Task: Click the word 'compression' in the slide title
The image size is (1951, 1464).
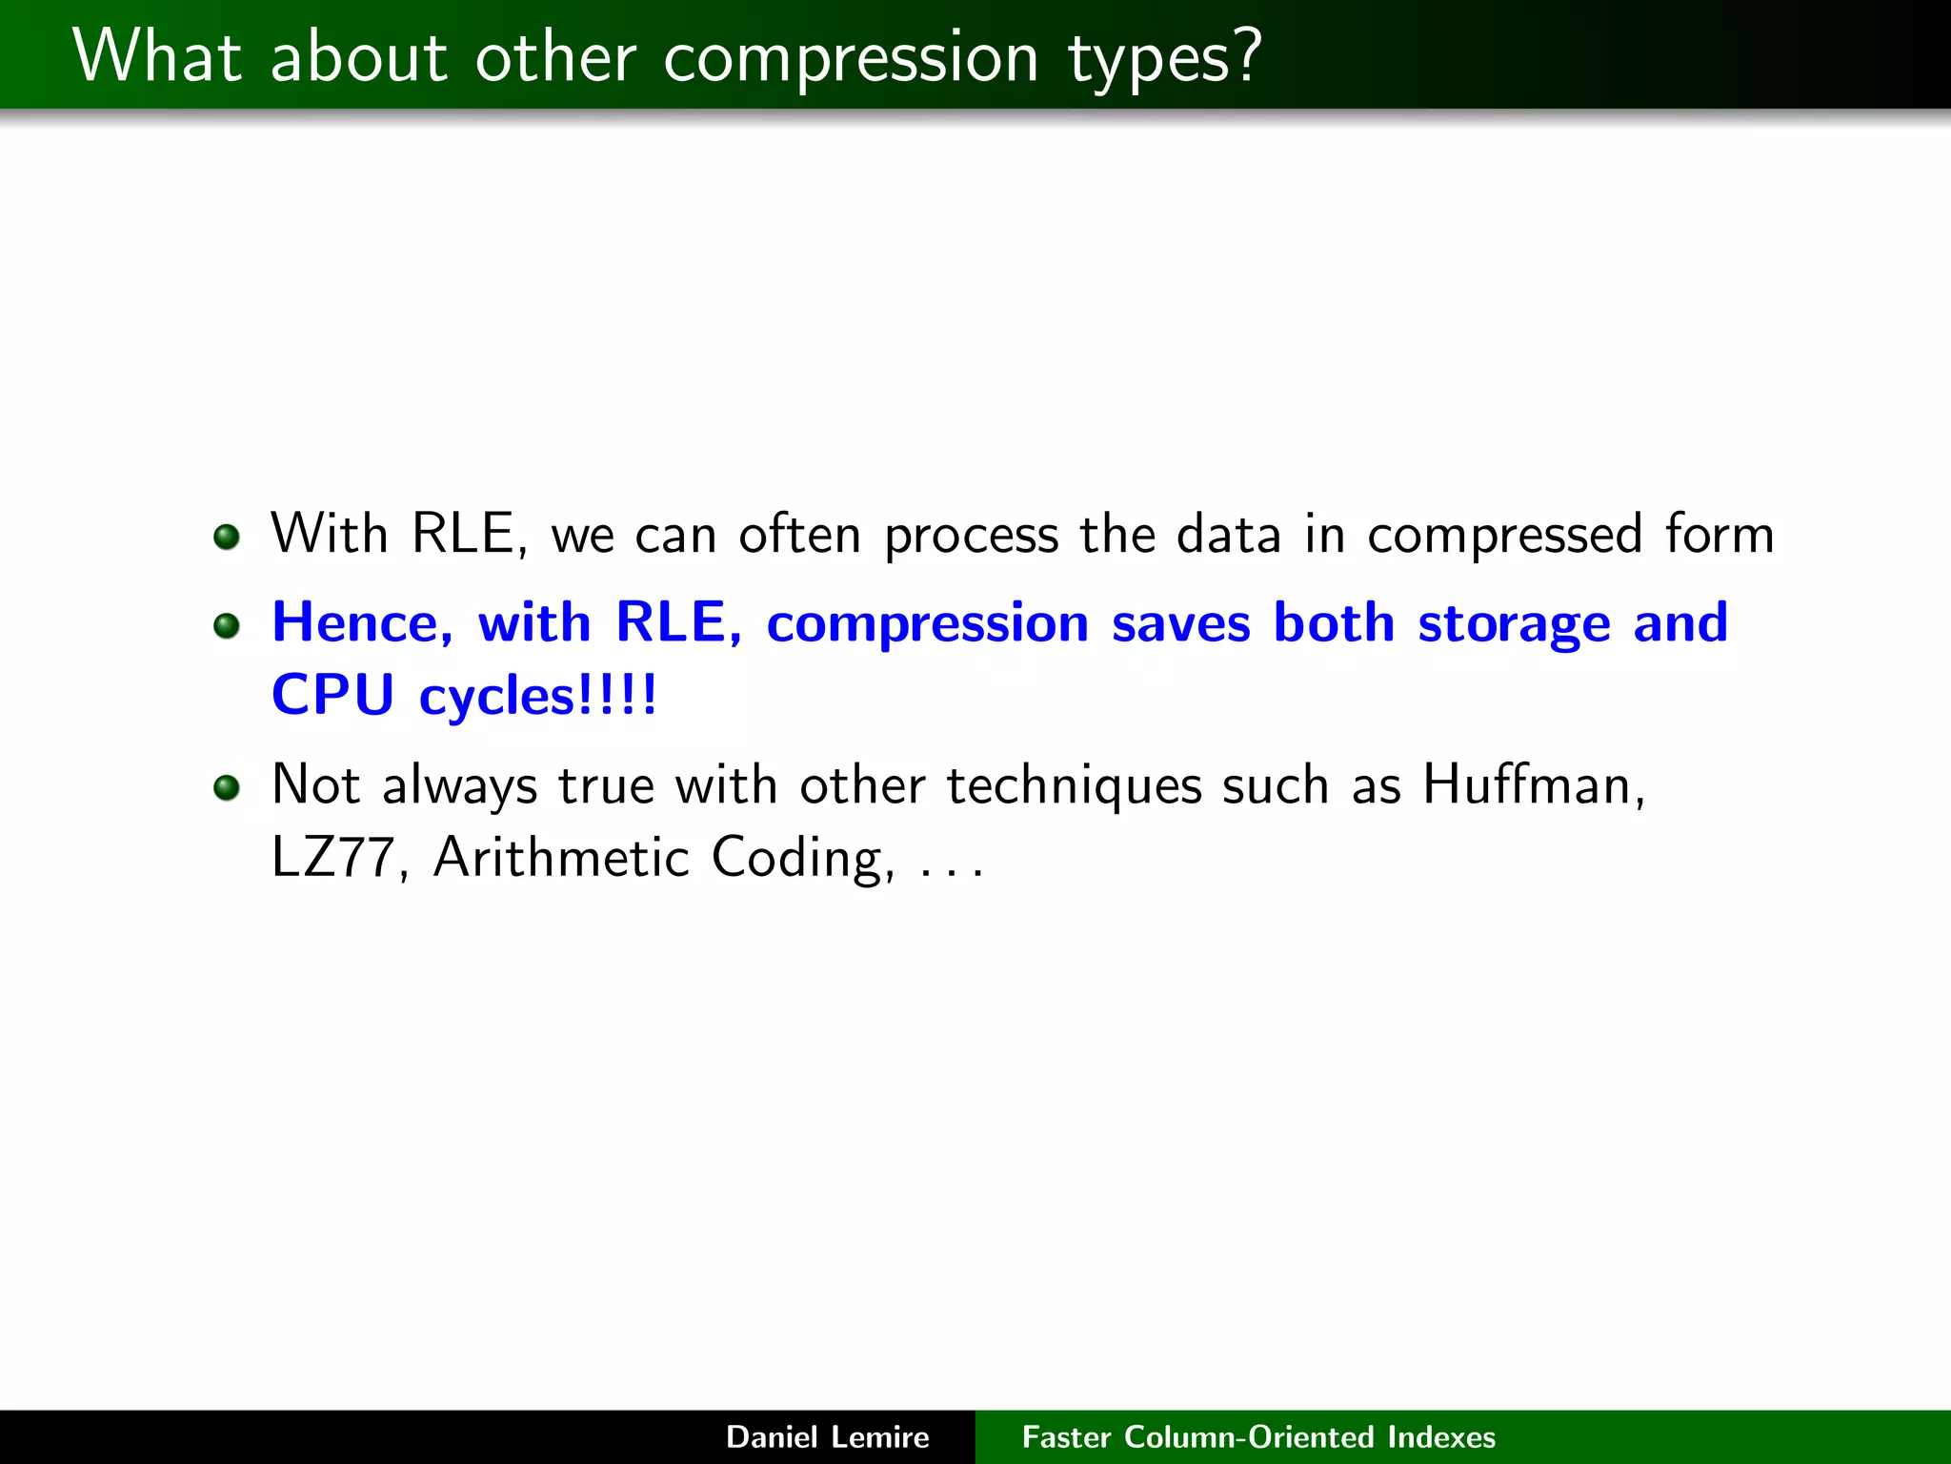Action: point(850,59)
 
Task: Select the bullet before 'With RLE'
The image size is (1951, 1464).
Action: point(227,537)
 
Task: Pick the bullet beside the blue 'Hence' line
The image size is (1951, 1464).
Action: point(227,626)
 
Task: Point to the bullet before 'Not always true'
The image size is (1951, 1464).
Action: point(227,788)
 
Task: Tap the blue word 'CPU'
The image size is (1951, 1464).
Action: point(332,694)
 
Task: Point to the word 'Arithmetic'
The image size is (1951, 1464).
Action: point(561,857)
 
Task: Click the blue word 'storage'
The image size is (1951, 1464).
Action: point(1514,625)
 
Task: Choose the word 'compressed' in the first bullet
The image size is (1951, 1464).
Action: point(1504,536)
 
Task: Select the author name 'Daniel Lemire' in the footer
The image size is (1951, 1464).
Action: point(827,1436)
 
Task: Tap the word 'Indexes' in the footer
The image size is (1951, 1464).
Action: point(1441,1436)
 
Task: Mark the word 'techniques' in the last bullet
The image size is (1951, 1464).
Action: point(1074,787)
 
